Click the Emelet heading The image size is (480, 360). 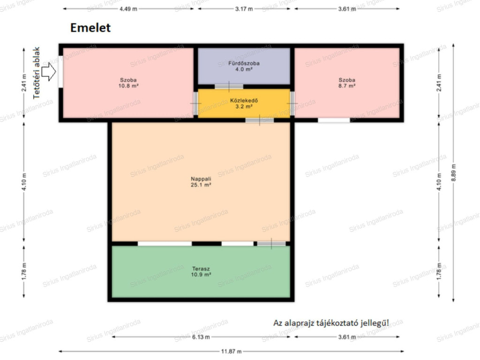point(90,28)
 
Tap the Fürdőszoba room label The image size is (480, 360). point(244,63)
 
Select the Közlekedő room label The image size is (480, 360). point(244,100)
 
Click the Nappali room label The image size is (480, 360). point(201,179)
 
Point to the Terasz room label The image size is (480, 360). point(201,269)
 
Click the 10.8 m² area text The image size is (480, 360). point(128,86)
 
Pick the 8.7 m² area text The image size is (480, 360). point(347,86)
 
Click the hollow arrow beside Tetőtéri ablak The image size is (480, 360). point(49,72)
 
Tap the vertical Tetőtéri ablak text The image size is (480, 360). point(37,73)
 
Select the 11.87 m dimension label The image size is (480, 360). point(232,352)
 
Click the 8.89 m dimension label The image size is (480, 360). point(453,172)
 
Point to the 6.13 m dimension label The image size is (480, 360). point(201,337)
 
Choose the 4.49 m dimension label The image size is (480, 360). point(128,9)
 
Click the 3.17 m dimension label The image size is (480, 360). point(244,9)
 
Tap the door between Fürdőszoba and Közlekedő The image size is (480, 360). point(229,87)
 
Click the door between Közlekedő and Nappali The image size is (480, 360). point(260,120)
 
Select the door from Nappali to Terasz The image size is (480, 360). point(271,244)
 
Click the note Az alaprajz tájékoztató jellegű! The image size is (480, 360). point(331,323)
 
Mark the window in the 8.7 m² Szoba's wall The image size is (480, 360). point(334,120)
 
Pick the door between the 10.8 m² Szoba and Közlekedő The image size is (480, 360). point(195,104)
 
